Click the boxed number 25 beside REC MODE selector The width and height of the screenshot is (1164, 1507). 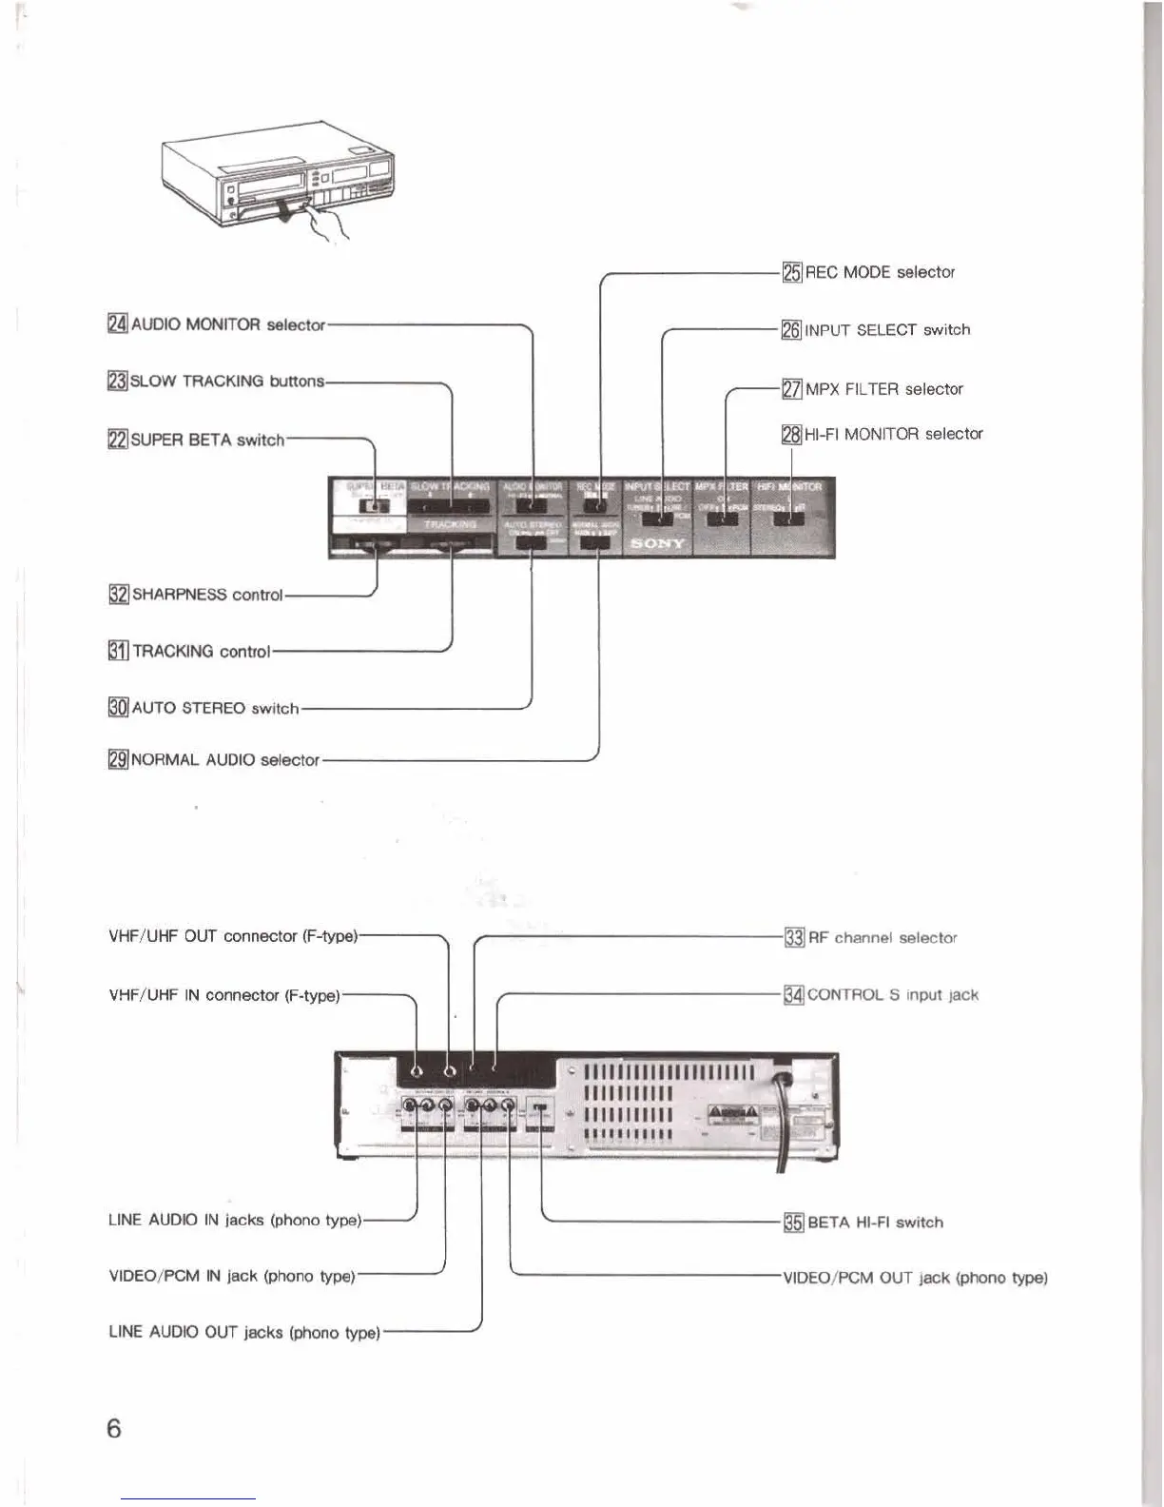coord(792,273)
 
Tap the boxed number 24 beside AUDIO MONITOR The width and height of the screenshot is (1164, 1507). coord(118,324)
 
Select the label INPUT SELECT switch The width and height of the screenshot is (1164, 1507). coord(887,330)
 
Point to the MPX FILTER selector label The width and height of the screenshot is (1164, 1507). coord(883,389)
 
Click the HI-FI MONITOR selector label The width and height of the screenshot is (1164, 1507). coord(893,434)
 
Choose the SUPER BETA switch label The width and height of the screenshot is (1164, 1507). coord(206,440)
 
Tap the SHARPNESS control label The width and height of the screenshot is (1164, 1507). coord(206,595)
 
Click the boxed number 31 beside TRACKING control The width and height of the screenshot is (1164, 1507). coord(118,652)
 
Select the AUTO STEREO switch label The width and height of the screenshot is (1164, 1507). coord(215,709)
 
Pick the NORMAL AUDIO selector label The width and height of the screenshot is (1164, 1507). coord(224,760)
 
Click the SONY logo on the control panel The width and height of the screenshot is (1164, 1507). coord(657,543)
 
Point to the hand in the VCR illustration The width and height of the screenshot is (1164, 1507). coord(328,224)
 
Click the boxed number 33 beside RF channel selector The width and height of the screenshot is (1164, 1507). coord(794,938)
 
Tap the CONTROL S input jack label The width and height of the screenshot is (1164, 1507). coord(892,995)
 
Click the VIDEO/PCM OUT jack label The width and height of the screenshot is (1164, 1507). coord(915,1278)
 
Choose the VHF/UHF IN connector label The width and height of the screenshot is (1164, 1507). coord(224,995)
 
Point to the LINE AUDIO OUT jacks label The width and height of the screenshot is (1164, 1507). coord(244,1333)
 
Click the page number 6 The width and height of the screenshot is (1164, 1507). coord(114,1428)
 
